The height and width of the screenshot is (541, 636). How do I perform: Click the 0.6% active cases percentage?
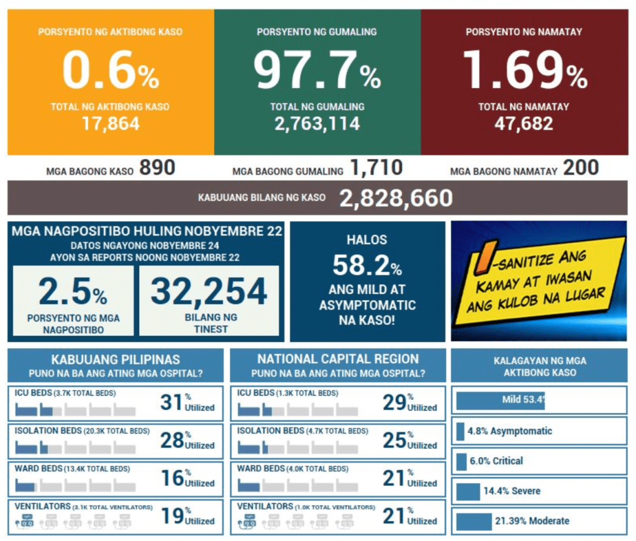click(x=111, y=72)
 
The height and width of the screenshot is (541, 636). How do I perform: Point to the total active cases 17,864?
click(x=111, y=124)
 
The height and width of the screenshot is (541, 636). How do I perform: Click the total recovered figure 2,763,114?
click(x=317, y=124)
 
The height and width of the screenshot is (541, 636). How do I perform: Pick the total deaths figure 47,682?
click(x=524, y=124)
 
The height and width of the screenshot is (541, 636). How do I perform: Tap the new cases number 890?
click(x=157, y=168)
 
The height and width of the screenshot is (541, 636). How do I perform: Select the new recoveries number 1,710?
click(x=376, y=168)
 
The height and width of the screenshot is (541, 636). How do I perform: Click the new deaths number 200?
click(x=581, y=168)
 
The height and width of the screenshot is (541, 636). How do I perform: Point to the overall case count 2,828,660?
click(x=396, y=198)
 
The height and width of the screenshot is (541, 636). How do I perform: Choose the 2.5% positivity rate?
click(x=73, y=292)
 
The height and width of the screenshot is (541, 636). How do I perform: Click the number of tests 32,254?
click(x=209, y=291)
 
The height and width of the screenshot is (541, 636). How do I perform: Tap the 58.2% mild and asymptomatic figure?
click(x=367, y=266)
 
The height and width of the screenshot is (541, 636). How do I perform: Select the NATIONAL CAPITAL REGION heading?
click(x=338, y=359)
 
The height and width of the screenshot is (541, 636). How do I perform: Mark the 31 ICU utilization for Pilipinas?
click(x=171, y=402)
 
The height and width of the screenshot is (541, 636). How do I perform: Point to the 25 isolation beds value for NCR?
click(x=394, y=440)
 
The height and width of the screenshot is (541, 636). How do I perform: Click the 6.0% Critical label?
click(x=496, y=461)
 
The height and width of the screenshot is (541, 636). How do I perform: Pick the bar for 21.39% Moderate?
click(x=474, y=521)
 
